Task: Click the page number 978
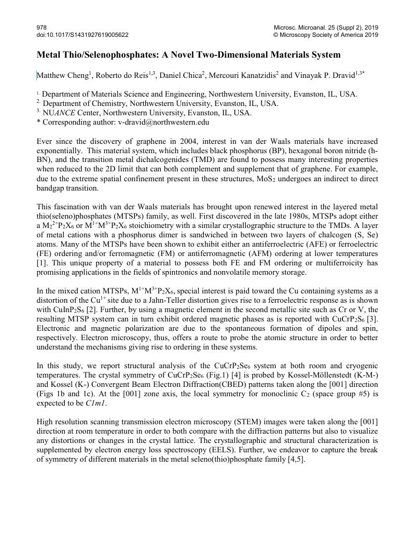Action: pos(41,27)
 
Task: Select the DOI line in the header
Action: pos(82,35)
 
